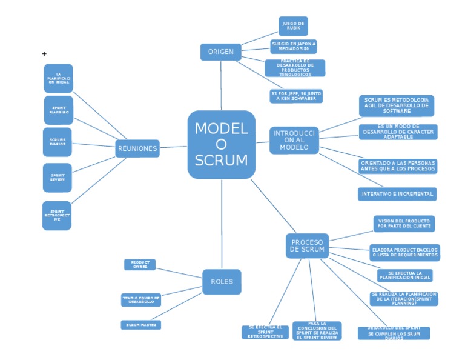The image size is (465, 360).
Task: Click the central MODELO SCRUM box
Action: click(221, 145)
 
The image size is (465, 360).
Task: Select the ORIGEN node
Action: click(220, 52)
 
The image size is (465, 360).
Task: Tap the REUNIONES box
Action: click(137, 148)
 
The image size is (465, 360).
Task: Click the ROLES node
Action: click(222, 282)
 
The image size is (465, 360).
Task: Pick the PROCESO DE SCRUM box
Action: click(308, 245)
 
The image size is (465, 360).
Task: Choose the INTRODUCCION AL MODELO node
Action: click(294, 140)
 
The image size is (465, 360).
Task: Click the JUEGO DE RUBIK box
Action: click(293, 26)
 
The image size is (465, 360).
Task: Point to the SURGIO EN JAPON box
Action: click(294, 47)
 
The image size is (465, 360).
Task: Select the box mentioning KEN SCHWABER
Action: click(296, 96)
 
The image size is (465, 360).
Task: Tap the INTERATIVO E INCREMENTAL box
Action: click(397, 194)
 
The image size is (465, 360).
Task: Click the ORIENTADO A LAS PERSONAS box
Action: click(397, 166)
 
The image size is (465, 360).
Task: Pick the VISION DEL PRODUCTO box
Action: click(404, 224)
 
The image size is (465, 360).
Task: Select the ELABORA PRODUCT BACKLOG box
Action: click(404, 253)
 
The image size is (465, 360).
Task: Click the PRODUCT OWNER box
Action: click(140, 265)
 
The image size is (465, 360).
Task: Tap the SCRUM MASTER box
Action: click(140, 325)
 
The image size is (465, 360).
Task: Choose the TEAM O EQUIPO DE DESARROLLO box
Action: click(141, 300)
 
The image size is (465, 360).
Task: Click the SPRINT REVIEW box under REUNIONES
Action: click(58, 178)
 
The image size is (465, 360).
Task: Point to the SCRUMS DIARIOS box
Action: click(58, 142)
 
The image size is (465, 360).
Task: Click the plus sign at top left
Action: click(44, 54)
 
